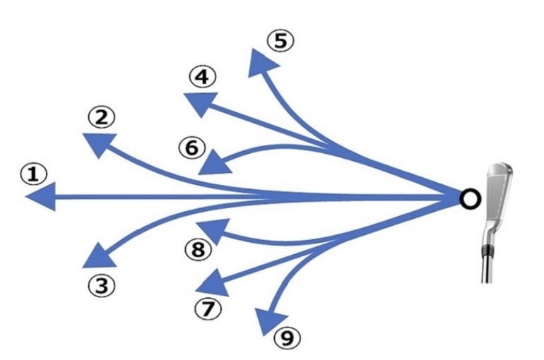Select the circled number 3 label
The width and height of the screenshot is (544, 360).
(x=102, y=286)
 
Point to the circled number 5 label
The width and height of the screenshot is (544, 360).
(x=280, y=41)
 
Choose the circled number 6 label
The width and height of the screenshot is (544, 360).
(x=191, y=148)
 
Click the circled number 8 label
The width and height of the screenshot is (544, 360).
(x=198, y=249)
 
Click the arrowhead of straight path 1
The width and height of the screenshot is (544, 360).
(x=40, y=198)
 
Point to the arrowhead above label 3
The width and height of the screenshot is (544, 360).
(x=97, y=256)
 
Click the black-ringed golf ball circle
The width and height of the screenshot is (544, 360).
(x=467, y=198)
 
